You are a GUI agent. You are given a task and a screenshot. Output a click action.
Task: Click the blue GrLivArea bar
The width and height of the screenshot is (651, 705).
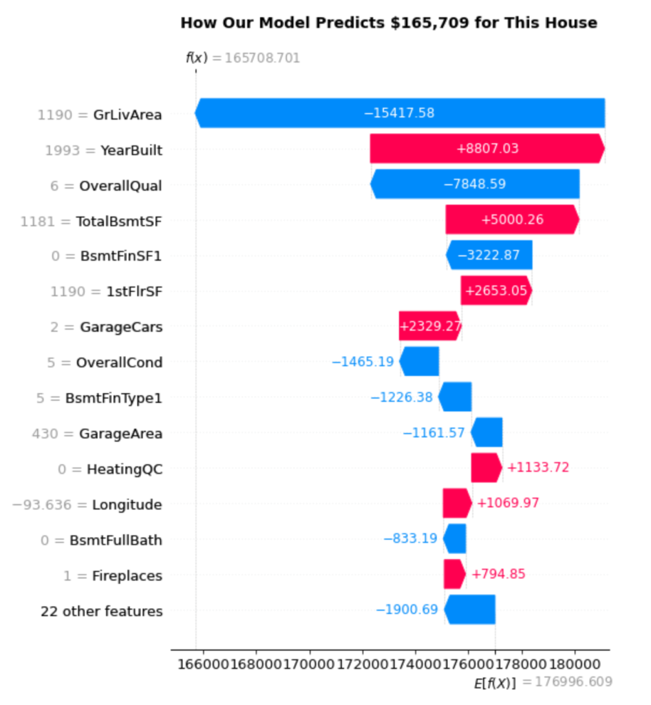point(400,113)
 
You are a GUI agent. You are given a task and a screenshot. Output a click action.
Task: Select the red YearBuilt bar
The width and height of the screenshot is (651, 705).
point(487,149)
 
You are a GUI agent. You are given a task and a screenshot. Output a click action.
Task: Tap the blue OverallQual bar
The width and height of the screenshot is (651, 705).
point(475,185)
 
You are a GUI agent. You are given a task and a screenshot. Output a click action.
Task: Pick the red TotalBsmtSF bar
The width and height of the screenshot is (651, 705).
point(512,220)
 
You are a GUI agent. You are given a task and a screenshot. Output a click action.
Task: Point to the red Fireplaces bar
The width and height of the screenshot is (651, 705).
point(454,574)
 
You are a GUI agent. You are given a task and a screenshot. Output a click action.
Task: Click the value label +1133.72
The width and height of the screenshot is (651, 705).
point(538,468)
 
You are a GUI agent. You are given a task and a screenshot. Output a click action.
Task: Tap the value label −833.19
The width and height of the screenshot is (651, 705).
point(410,538)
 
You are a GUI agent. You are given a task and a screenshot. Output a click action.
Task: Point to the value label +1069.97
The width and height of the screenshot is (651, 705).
point(508,503)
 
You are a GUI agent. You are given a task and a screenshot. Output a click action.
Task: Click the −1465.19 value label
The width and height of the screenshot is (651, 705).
point(363,361)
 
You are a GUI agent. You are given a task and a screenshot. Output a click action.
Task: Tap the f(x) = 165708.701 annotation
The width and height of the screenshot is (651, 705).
point(243,59)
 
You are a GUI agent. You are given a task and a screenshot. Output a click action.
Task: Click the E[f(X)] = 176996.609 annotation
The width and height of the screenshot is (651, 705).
point(543,682)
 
